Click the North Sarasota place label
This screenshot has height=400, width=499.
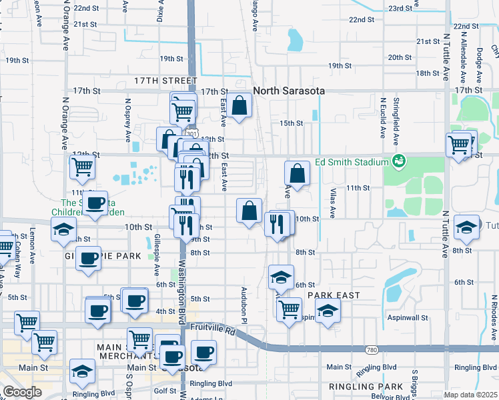point(289,91)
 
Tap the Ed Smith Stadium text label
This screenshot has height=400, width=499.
point(352,162)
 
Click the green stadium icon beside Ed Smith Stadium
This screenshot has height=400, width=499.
point(399,161)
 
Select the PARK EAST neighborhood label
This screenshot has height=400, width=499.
point(334,295)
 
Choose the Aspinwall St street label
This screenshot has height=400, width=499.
point(406,318)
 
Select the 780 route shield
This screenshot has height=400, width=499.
point(372,349)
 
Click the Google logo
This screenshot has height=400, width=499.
point(23,392)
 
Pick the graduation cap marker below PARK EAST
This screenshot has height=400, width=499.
point(328,311)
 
